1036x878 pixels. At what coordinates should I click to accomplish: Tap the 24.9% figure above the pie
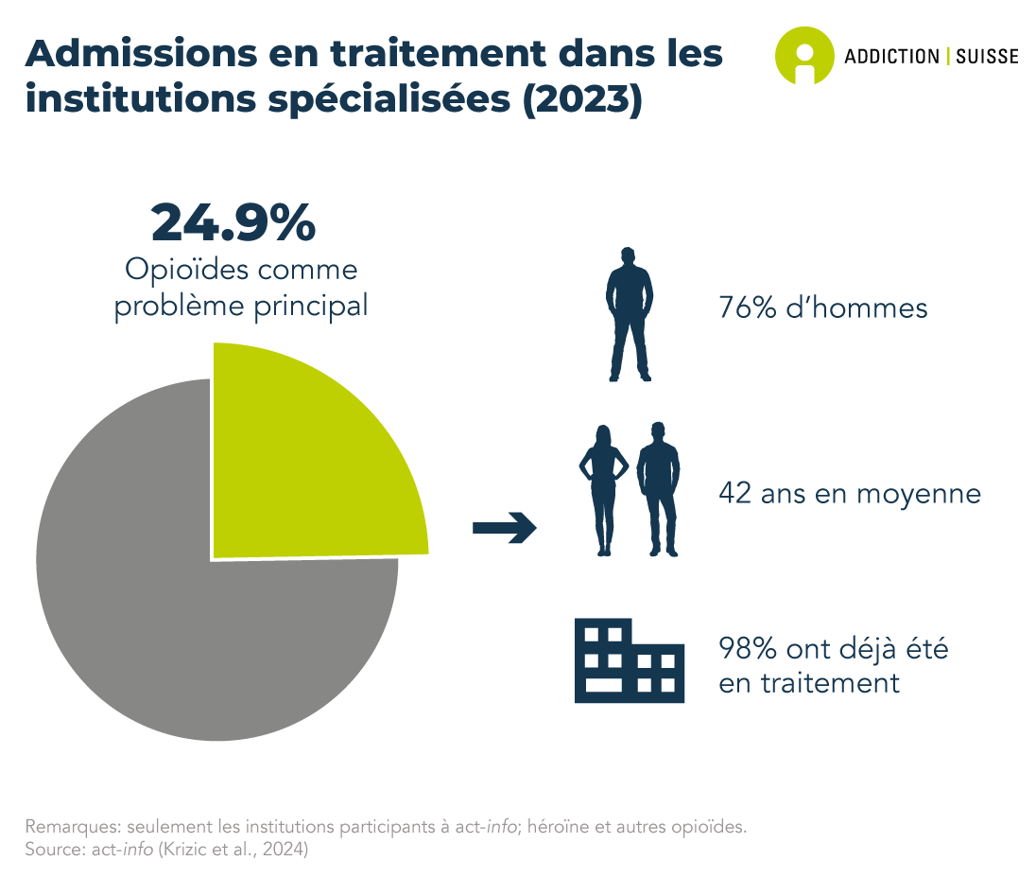coord(233,222)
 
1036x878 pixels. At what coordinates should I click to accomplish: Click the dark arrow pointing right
coord(504,528)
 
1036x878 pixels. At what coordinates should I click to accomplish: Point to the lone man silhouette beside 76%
coord(629,315)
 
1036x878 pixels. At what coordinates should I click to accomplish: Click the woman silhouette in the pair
coord(603,490)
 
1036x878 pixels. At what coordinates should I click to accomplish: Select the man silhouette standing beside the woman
coord(658,489)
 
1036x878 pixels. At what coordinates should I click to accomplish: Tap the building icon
coord(629,660)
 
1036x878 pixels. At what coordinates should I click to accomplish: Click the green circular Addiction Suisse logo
coord(804,56)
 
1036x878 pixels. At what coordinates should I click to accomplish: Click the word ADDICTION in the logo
coord(891,57)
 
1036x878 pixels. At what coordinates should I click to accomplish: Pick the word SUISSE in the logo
coord(987,57)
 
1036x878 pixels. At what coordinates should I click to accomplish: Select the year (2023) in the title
coord(582,100)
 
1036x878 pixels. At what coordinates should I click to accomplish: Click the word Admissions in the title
coord(142,53)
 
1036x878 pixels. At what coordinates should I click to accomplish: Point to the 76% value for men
coord(748,308)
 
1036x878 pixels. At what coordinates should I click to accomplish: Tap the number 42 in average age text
coord(734,493)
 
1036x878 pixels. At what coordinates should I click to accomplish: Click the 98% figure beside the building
coord(748,649)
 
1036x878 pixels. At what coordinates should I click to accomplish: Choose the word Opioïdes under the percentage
coord(186,269)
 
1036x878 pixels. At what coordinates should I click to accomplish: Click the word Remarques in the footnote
coord(71,827)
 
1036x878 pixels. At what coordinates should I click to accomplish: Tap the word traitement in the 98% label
coord(830,683)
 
